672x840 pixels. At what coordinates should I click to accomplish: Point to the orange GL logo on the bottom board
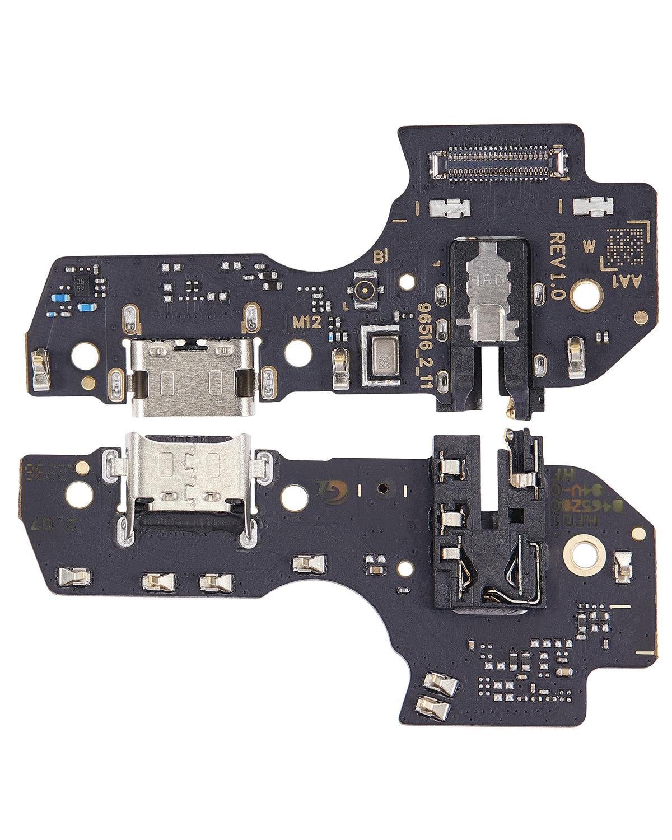pyautogui.click(x=328, y=488)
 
